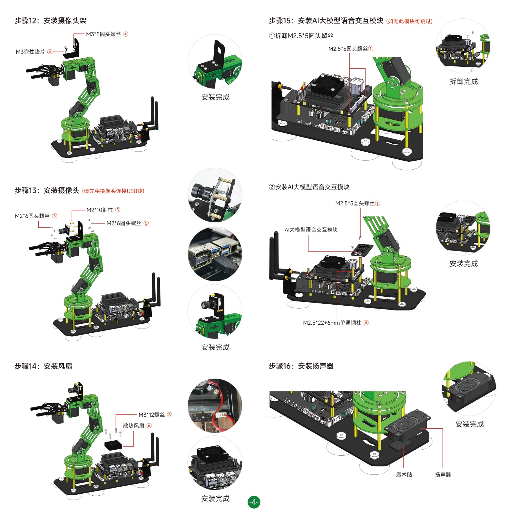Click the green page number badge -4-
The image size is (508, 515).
254,502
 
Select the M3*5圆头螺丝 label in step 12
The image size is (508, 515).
103,34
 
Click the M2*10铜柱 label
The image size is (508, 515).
100,210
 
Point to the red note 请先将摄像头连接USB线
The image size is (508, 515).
113,191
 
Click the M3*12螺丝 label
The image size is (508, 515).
151,415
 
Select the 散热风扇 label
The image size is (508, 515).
133,425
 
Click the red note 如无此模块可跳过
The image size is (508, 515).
409,21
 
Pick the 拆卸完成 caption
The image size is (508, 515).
464,81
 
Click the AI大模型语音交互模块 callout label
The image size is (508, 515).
311,230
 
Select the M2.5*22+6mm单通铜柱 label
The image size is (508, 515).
332,323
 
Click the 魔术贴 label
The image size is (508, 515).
404,474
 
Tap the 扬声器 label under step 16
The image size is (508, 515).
443,474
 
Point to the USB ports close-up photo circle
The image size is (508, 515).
215,254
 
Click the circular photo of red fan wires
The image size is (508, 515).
215,405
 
